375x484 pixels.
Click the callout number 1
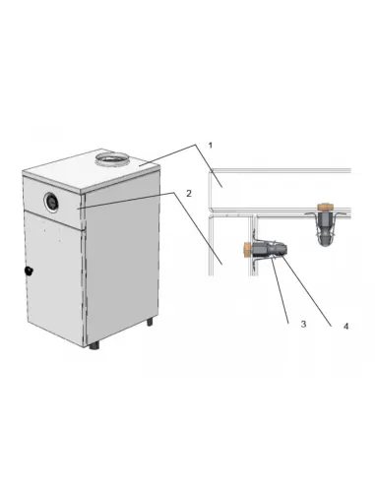point(211,145)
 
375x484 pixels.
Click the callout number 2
point(189,194)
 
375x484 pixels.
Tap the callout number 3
point(303,324)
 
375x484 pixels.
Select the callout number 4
point(345,327)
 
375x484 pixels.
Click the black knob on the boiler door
point(29,271)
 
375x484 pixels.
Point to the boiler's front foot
point(94,345)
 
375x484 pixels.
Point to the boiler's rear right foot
point(150,322)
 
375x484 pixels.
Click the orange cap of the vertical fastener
point(325,208)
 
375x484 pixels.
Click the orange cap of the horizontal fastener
point(247,251)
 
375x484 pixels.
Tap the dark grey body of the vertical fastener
point(325,228)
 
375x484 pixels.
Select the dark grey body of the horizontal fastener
point(269,250)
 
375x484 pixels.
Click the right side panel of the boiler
point(122,263)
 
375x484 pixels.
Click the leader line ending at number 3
point(280,290)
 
